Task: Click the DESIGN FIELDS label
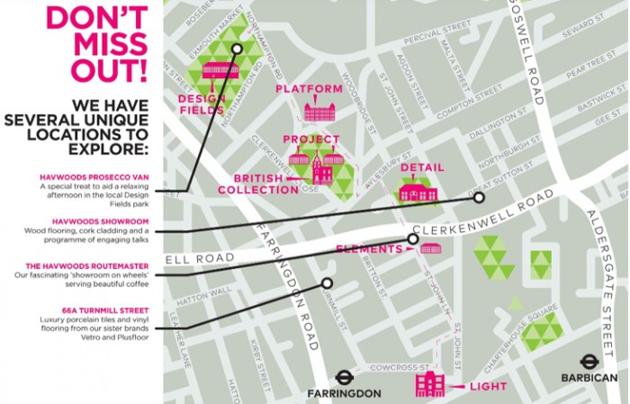(200, 104)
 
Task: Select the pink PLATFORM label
(309, 89)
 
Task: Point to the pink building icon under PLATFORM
(319, 111)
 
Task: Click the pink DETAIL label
(422, 168)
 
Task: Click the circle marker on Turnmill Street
(327, 283)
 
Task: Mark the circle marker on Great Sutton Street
(480, 197)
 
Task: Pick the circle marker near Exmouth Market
(237, 49)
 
